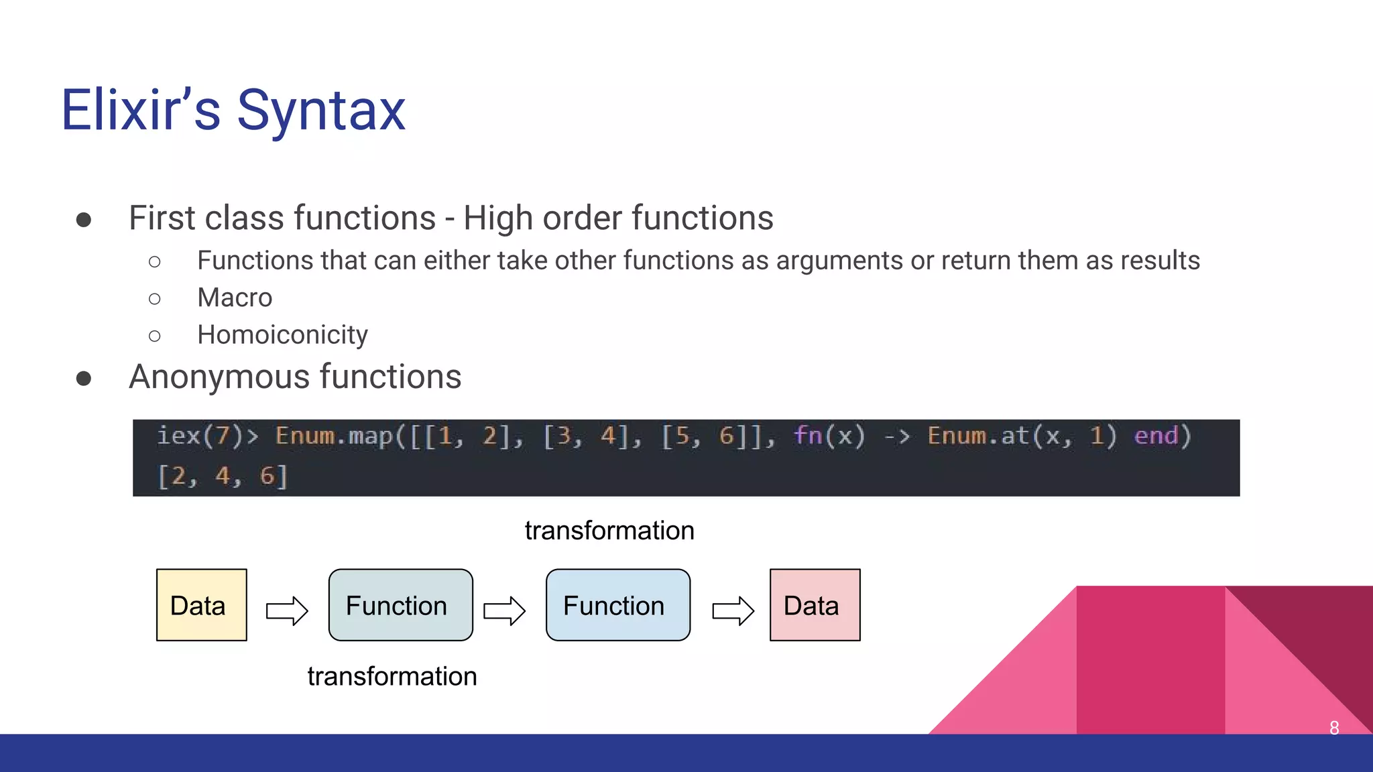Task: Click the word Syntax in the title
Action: point(321,111)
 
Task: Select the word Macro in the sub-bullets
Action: point(235,298)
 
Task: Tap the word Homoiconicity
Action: point(282,335)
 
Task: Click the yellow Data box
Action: point(201,605)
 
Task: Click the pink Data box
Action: point(815,605)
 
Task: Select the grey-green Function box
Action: point(400,605)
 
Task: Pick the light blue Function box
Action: point(617,605)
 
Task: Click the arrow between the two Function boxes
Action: point(504,610)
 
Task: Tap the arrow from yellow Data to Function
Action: point(287,610)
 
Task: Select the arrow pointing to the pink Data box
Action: point(733,610)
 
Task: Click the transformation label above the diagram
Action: point(609,531)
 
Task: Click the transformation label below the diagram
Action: point(392,677)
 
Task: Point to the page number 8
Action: point(1334,728)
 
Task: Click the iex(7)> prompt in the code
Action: point(207,436)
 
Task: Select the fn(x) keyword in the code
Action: point(829,436)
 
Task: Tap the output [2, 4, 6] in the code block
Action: point(223,476)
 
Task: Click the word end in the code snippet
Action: point(1156,436)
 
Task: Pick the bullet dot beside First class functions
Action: point(84,220)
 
